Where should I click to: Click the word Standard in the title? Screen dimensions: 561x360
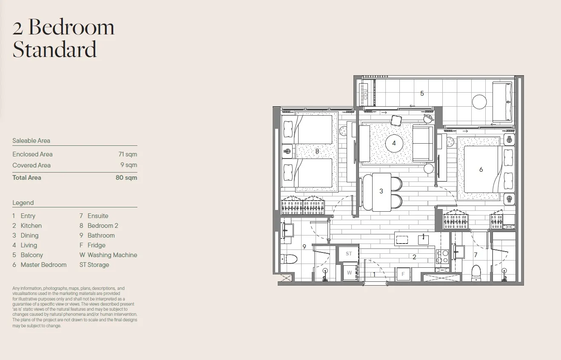54,49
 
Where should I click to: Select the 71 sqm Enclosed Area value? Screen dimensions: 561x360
128,154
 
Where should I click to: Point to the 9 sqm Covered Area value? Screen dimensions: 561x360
129,165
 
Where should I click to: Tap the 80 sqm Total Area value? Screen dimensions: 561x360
126,178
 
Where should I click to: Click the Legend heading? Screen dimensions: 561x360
23,203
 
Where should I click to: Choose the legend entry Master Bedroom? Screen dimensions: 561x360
43,265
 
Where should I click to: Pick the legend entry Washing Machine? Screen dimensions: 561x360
112,255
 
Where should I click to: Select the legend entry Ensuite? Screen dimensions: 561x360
98,216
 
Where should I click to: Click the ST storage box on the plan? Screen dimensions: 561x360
349,254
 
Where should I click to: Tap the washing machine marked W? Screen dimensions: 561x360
349,272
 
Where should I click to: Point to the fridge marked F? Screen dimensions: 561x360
403,274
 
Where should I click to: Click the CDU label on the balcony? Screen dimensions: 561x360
365,94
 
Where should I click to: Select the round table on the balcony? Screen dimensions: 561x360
479,102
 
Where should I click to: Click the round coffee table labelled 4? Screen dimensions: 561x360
394,144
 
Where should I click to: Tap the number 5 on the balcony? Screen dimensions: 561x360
422,94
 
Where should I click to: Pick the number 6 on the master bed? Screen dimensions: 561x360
481,170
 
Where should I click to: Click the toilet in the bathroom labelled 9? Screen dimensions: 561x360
289,258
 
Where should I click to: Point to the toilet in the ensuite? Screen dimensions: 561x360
476,273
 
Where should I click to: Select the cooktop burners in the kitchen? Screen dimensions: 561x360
442,257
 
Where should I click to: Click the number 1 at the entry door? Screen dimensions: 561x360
374,275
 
